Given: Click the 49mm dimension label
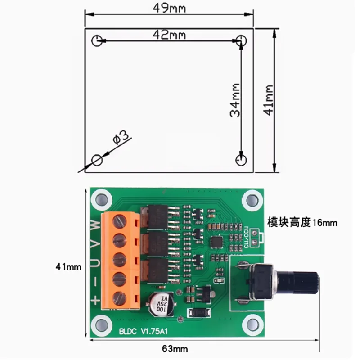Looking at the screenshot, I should (169, 9).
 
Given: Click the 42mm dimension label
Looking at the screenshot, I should (169, 35).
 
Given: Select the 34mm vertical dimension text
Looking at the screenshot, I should (235, 100).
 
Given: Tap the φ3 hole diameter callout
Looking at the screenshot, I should (120, 138).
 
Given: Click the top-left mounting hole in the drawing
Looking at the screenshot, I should (97, 41).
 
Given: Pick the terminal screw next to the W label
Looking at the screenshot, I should (119, 221).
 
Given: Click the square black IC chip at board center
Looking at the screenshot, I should (217, 242).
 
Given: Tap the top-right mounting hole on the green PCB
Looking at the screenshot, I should (252, 200).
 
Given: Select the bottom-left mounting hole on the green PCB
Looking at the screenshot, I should (102, 325).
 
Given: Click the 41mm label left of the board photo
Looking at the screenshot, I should (68, 266).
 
